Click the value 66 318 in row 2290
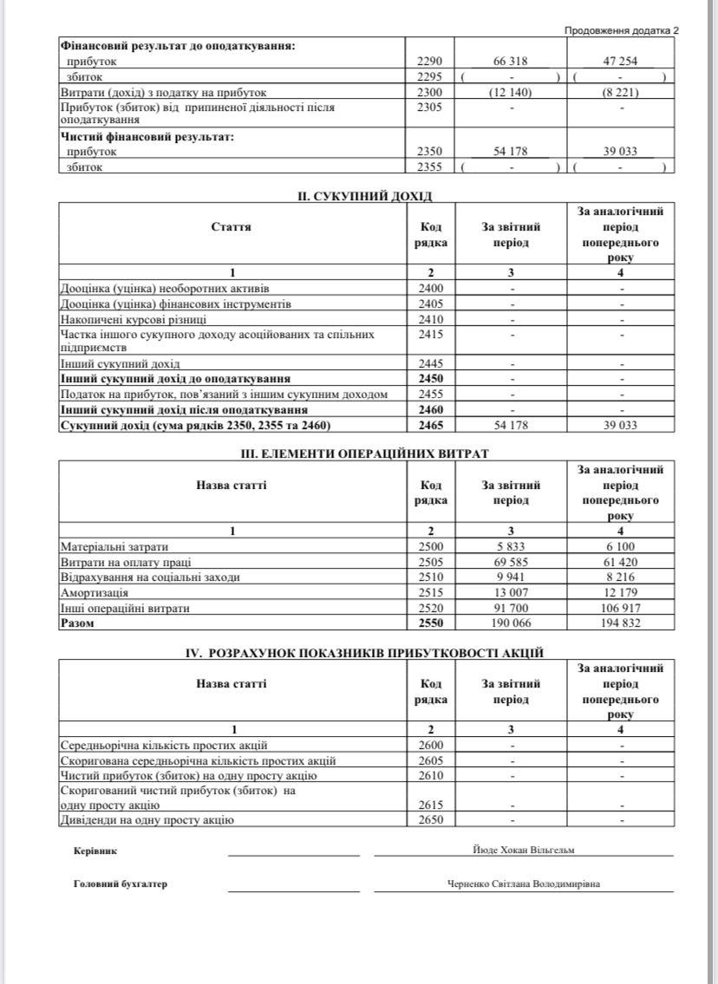click(511, 62)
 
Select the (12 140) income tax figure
click(511, 92)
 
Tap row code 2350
click(429, 152)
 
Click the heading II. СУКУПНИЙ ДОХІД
click(364, 197)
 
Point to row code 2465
click(429, 425)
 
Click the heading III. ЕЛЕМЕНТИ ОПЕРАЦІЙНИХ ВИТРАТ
click(364, 453)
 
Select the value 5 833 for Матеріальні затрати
click(511, 547)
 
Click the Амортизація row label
click(95, 593)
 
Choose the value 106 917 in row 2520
click(620, 609)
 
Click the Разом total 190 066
click(511, 623)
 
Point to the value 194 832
click(620, 623)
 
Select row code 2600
click(429, 746)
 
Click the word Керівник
click(95, 851)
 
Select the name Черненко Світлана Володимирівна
click(524, 884)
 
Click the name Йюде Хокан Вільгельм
click(524, 850)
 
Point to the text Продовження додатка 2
click(621, 29)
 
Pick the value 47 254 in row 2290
click(620, 62)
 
